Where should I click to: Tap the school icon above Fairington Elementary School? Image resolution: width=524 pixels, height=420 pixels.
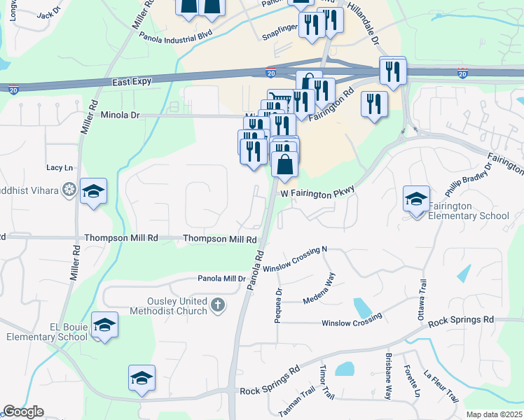(x=416, y=199)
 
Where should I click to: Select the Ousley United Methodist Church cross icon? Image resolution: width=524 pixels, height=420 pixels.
(x=218, y=304)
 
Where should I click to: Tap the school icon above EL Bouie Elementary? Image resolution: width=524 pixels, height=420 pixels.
(x=104, y=325)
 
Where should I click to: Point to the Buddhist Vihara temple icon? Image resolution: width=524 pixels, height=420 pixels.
(x=69, y=189)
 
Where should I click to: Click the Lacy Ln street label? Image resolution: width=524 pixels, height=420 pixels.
(x=60, y=168)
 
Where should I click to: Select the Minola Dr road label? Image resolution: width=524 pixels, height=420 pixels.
(x=120, y=115)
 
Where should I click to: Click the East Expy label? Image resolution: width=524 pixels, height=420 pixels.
(x=132, y=82)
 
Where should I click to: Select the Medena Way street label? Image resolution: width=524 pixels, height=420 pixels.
(x=319, y=294)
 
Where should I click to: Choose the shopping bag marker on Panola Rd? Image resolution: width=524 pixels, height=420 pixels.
(x=285, y=166)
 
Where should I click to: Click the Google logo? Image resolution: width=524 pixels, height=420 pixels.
(x=23, y=412)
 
